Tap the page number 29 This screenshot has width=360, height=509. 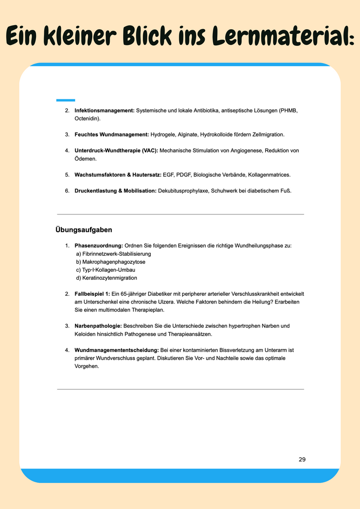point(302,459)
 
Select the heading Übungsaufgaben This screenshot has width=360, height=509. point(84,230)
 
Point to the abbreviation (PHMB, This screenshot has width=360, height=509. point(288,111)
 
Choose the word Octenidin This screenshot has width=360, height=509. point(87,119)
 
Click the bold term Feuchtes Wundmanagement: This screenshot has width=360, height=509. point(112,134)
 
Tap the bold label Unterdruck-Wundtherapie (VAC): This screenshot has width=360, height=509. point(116,150)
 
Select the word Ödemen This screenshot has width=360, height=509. point(85,159)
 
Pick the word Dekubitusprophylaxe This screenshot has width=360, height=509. point(185,191)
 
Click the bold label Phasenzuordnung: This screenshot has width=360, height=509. point(99,246)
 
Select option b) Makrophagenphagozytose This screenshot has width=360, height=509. point(111,262)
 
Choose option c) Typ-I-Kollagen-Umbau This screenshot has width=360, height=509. point(106,270)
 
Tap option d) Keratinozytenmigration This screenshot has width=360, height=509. point(107,278)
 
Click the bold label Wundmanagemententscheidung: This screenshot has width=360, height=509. point(116,349)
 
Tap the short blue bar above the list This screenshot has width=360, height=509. point(66,100)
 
